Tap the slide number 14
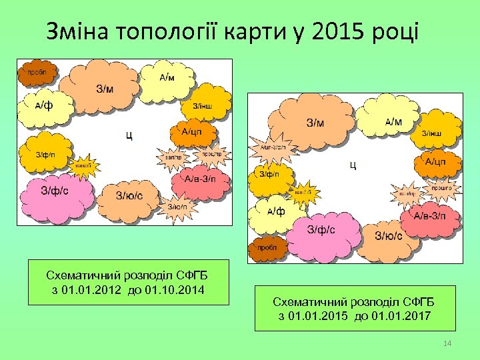click(x=447, y=343)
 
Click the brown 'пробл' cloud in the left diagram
click(x=37, y=73)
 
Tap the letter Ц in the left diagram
click(x=129, y=137)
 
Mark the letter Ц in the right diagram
click(x=353, y=165)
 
